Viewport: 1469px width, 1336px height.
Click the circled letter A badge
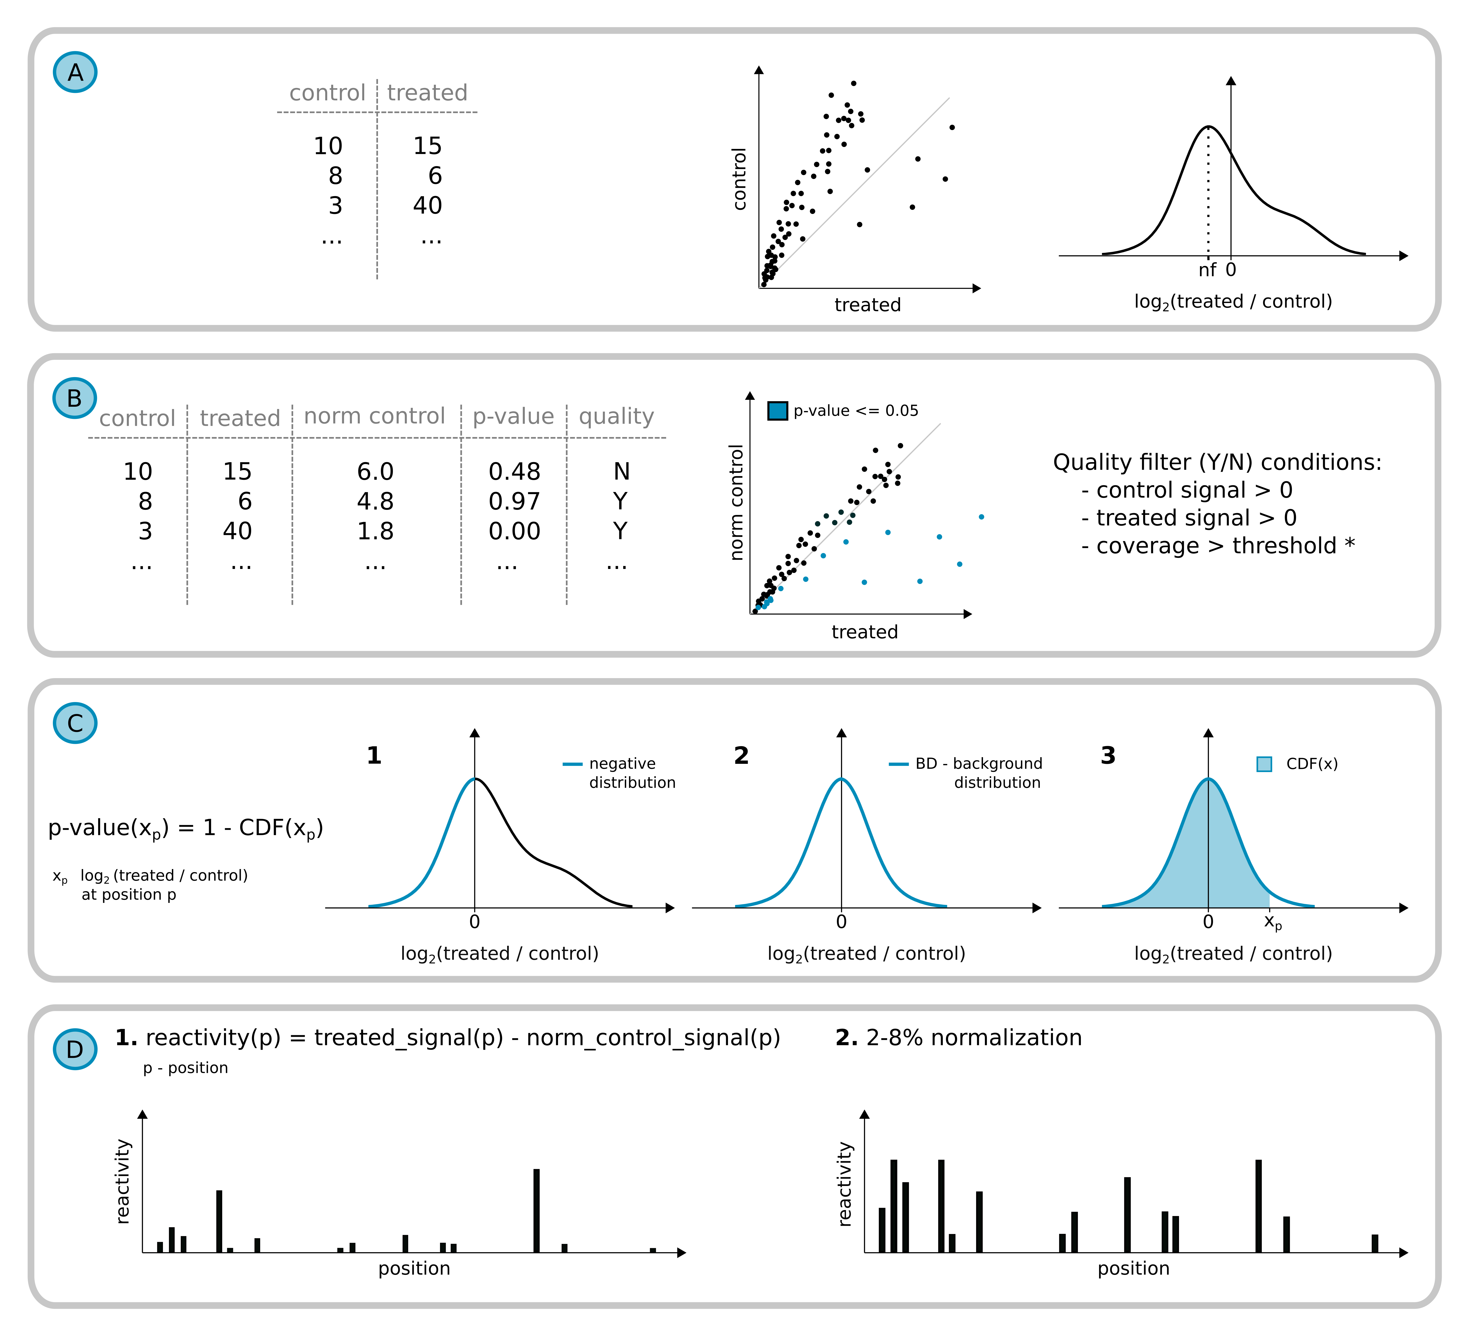coord(75,72)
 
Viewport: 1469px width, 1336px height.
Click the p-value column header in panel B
coord(513,416)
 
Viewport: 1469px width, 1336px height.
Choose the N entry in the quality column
coord(621,472)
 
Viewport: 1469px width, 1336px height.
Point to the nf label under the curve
coord(1207,270)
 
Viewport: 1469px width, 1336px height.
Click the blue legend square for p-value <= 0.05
coord(778,411)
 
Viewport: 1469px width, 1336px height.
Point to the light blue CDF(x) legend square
coord(1264,764)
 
